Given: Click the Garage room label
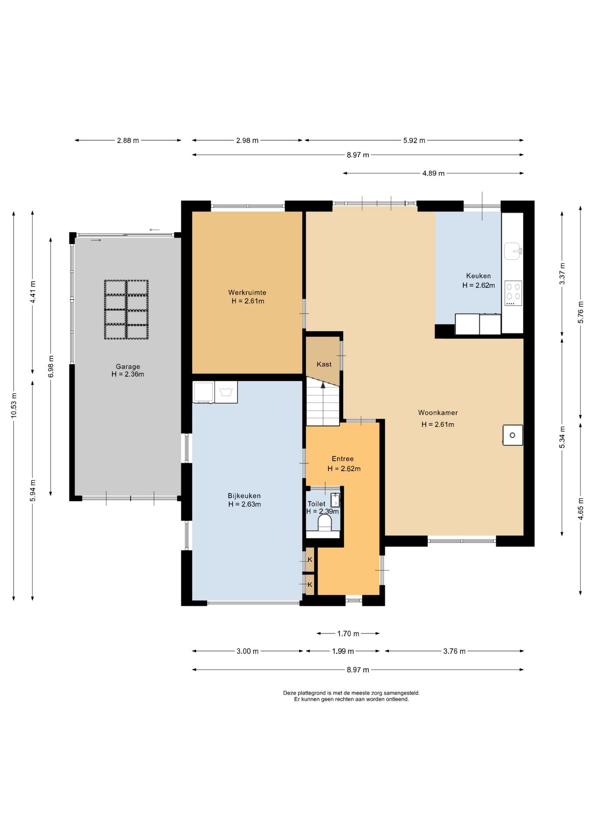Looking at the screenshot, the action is (128, 367).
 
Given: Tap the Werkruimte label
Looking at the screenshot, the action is (247, 292).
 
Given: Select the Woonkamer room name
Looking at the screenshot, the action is (438, 413).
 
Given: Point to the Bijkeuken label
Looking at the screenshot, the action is (244, 496).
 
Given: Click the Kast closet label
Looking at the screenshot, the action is (324, 364).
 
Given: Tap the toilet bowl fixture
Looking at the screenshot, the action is (325, 523).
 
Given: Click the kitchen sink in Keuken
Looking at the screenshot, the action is (513, 251).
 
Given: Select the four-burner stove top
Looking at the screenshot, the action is (513, 293).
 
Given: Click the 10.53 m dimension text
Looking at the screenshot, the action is (14, 405).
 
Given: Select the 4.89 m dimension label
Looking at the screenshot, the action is (433, 173).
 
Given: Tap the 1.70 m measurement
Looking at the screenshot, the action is (348, 633).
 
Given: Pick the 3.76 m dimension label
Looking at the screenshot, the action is (454, 651).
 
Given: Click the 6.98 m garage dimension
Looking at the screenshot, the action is (51, 366).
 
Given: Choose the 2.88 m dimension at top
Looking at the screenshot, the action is (128, 140).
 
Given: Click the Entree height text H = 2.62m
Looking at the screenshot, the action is (344, 469).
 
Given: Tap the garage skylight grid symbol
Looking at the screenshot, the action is (126, 309).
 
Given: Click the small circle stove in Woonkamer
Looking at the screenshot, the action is (513, 435).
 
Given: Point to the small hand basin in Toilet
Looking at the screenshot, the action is (335, 500).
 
